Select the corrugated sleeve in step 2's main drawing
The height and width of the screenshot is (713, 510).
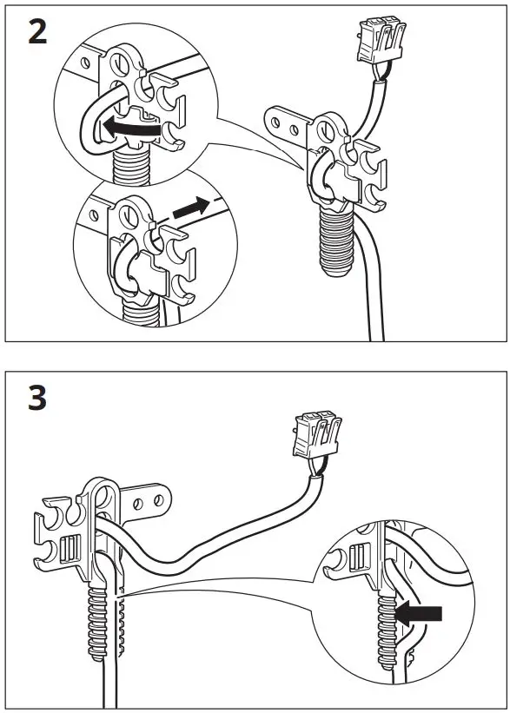click(x=335, y=238)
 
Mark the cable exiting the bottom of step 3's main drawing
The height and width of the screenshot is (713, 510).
click(x=110, y=686)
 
